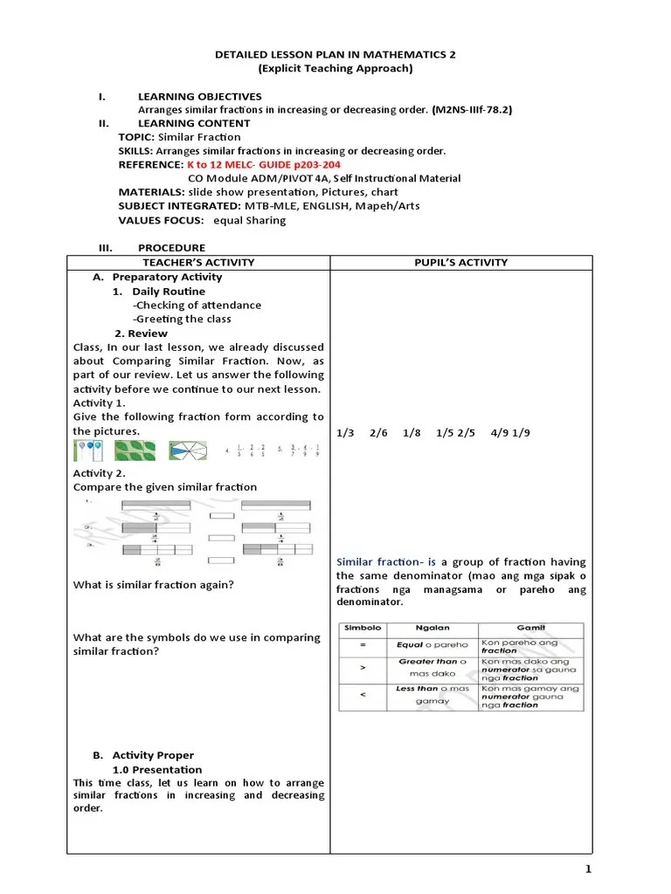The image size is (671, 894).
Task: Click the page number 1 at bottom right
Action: pos(589,869)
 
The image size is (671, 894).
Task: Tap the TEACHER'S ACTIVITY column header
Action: pos(198,263)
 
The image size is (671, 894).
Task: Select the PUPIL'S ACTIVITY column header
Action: pos(460,263)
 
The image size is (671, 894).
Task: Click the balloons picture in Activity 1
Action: pos(89,450)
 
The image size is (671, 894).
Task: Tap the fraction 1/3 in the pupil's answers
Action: pos(345,432)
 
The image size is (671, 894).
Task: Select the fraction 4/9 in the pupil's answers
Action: pos(499,432)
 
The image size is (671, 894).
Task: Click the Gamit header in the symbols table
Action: pos(529,628)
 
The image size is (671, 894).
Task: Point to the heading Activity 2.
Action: pos(99,473)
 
